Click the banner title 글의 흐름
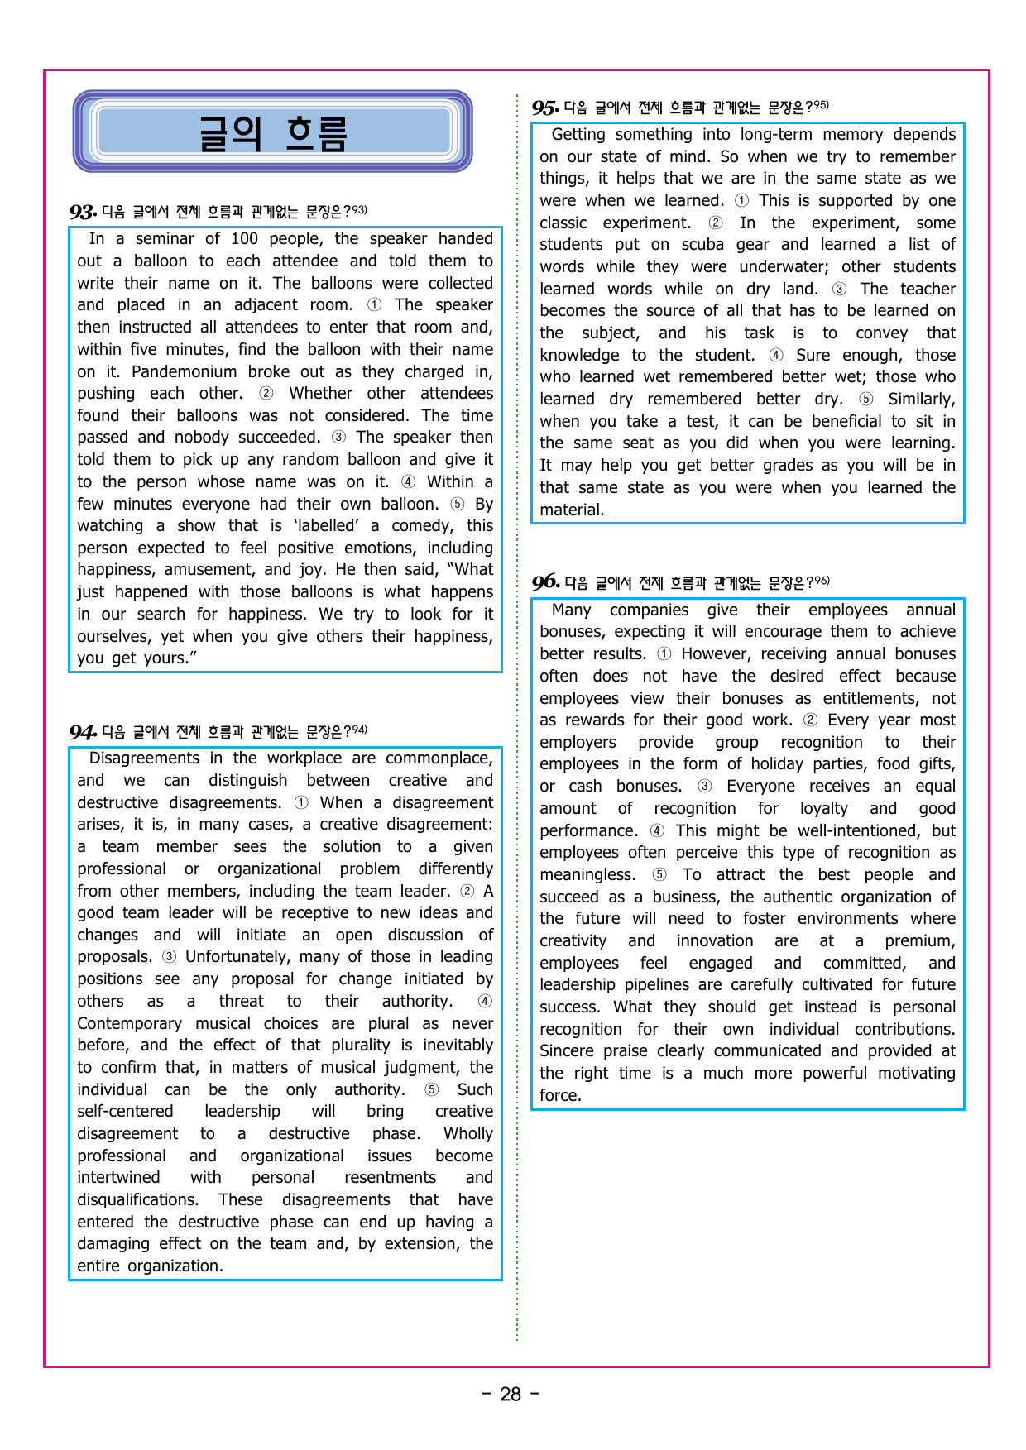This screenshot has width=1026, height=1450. pos(272,132)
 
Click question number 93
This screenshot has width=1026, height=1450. pos(83,212)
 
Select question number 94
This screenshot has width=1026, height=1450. pos(83,732)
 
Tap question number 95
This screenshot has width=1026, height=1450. pos(545,108)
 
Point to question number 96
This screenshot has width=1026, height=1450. pos(545,582)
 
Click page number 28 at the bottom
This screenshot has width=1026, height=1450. pos(511,1395)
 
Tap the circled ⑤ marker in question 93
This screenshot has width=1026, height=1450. pos(458,504)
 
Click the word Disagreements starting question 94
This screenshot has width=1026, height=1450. pos(144,758)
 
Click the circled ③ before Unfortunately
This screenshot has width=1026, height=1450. pos(169,957)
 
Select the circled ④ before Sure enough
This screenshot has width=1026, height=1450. pos(776,355)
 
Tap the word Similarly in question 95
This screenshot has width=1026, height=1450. pos(921,400)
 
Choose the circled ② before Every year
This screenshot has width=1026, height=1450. pos(810,720)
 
